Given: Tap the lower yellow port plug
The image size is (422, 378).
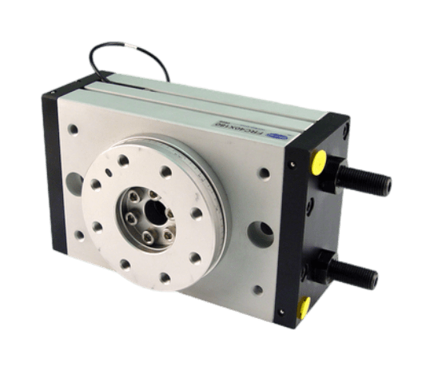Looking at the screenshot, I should click(303, 308).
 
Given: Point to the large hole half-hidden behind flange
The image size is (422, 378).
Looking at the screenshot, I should click(70, 182).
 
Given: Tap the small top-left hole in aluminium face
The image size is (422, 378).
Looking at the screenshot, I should click(72, 128).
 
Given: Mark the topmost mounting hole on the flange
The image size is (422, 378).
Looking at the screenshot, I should click(122, 160).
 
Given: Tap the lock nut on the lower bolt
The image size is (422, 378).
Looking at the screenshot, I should click(324, 266).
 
